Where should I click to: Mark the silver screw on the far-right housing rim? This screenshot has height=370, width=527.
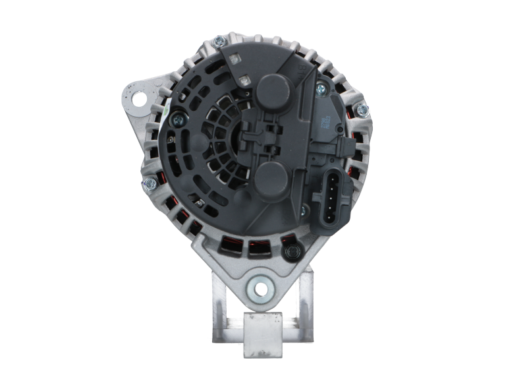(x=362, y=108)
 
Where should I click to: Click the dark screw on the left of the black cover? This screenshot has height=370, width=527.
(x=179, y=119)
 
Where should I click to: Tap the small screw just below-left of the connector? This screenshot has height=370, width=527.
(x=304, y=210)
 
